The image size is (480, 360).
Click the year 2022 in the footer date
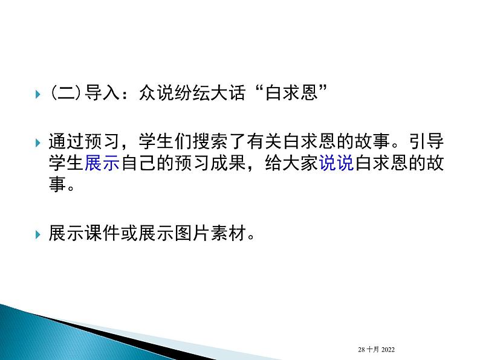click(388, 349)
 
